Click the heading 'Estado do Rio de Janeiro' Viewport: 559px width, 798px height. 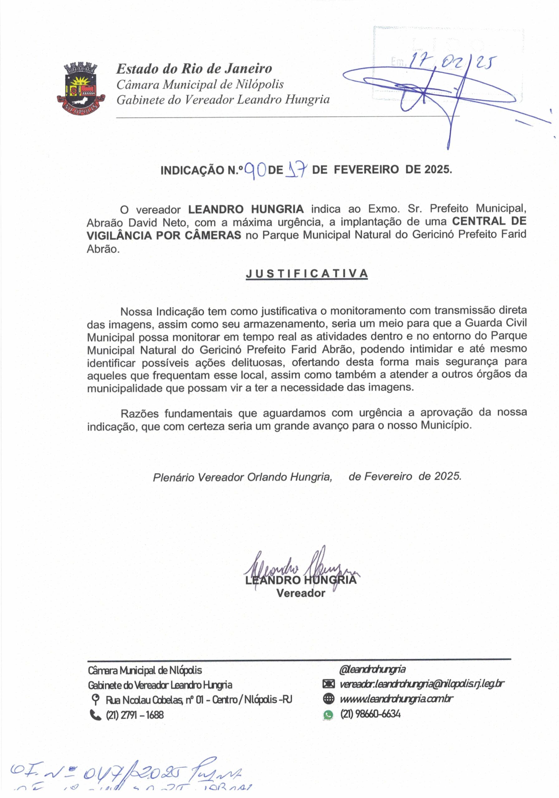coord(194,69)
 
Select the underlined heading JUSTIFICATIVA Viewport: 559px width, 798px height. coord(307,274)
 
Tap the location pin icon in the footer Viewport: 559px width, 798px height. coord(94,699)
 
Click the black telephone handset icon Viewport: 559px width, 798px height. coord(95,714)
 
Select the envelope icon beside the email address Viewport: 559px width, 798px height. coord(328,684)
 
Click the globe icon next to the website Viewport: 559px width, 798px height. coord(328,699)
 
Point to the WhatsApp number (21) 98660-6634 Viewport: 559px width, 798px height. coord(370,714)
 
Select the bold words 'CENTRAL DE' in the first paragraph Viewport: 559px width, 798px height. coord(489,221)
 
